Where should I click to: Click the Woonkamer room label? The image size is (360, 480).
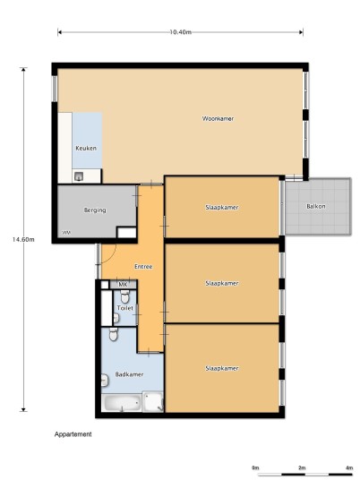coord(218,118)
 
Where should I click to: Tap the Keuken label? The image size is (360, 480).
coord(86,148)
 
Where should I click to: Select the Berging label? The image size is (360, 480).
coord(95,210)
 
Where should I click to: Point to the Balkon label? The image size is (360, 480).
coord(316,206)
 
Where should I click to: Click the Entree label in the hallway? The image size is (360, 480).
coord(143,267)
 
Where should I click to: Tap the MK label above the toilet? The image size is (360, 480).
coord(123,285)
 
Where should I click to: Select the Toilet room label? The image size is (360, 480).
coord(125,308)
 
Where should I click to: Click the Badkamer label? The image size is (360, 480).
coord(129,374)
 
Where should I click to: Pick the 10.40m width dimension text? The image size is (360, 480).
coord(181,32)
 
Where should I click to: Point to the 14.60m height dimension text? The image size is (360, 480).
coord(23,239)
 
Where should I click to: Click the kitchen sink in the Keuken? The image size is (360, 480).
coord(79,176)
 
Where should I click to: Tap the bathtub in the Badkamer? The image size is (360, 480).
coord(122,403)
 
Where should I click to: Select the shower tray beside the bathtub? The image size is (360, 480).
coord(153,401)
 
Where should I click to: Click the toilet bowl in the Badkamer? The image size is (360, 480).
coord(113,334)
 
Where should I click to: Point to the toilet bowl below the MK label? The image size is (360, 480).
coord(124,296)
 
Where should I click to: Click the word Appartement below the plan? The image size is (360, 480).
coord(73,434)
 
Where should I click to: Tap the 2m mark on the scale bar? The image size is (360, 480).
coord(302,467)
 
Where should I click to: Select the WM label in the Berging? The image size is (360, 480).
coord(66,233)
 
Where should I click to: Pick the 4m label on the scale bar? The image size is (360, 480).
coord(349,467)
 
